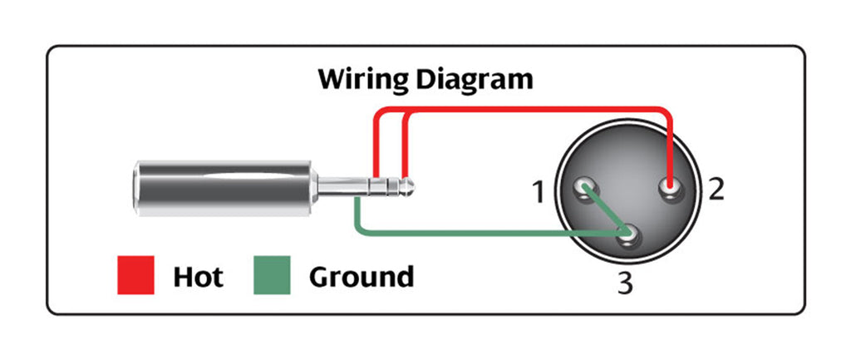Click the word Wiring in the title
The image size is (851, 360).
click(362, 80)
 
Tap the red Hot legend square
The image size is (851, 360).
click(135, 275)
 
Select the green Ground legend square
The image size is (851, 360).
click(271, 275)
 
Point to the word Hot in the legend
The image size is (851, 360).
click(198, 276)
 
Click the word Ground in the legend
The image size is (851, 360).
click(361, 276)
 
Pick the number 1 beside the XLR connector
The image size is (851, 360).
click(538, 193)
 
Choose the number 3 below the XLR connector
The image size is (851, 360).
click(625, 284)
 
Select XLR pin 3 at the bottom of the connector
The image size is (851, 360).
click(629, 238)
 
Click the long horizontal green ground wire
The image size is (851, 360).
click(482, 234)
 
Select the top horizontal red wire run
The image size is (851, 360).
click(524, 109)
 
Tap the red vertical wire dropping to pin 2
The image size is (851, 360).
click(670, 145)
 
